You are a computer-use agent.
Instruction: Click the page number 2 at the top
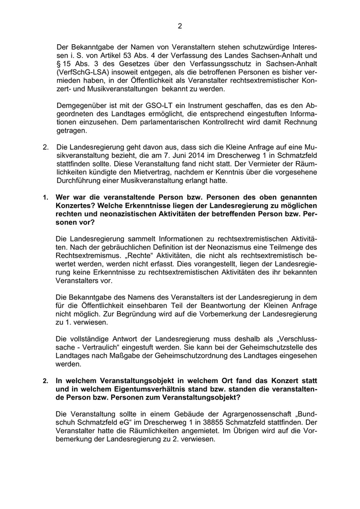pos(180,26)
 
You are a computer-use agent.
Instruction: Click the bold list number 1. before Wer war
pos(45,197)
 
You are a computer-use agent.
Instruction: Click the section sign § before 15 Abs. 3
pos(59,64)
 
